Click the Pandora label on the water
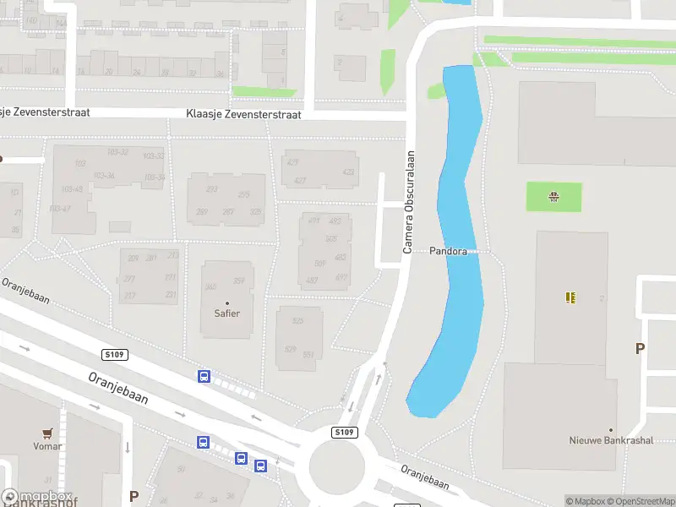pos(448,251)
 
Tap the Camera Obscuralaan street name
pos(408,202)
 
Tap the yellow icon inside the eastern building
pos(571,297)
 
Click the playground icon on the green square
pos(554,198)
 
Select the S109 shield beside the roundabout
pos(344,432)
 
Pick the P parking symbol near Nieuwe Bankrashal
pos(640,348)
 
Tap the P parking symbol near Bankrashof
pos(133,496)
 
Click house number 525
pos(297,321)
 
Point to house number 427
pos(300,181)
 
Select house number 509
pos(320,263)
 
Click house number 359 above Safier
pos(239,281)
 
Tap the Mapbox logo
pos(36,497)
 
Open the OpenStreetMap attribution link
pos(642,501)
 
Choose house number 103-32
pos(117,152)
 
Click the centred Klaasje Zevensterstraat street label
pos(244,114)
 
